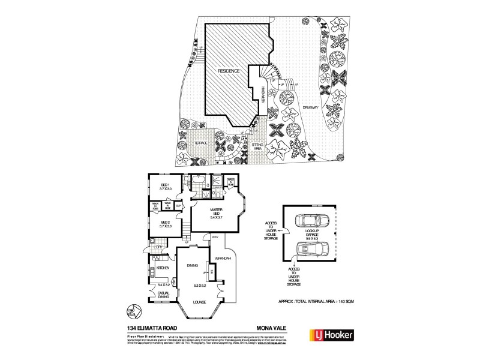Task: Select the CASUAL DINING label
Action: pos(164,295)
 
